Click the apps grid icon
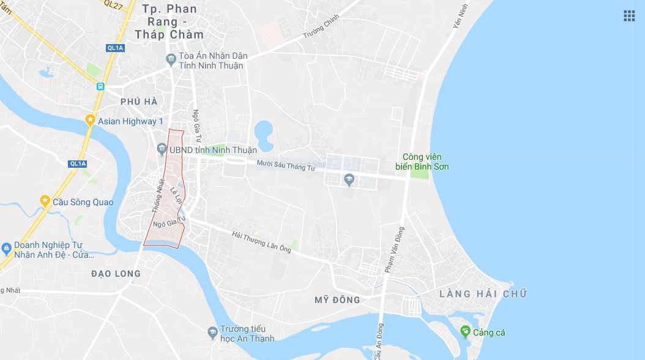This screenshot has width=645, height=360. click(x=629, y=16)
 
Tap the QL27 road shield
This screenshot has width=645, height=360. click(x=113, y=4)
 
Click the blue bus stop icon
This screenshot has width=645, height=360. click(x=100, y=86)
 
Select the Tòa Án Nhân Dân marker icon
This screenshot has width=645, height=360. click(x=171, y=59)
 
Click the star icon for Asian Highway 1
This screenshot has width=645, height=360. click(x=91, y=121)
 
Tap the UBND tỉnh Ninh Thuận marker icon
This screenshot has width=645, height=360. click(x=162, y=149)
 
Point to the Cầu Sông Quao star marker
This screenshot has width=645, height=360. click(x=45, y=201)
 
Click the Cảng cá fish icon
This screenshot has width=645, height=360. click(x=465, y=332)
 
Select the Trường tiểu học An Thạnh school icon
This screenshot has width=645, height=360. click(x=212, y=332)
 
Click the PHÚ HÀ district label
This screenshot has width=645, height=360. click(x=139, y=102)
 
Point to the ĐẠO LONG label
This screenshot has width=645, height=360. click(x=116, y=274)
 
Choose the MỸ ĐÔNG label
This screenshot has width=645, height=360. click(x=337, y=300)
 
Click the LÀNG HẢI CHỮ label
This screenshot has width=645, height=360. click(x=483, y=294)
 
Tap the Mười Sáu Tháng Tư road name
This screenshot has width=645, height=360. click(x=285, y=165)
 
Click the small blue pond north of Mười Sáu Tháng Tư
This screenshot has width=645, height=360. click(x=264, y=131)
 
